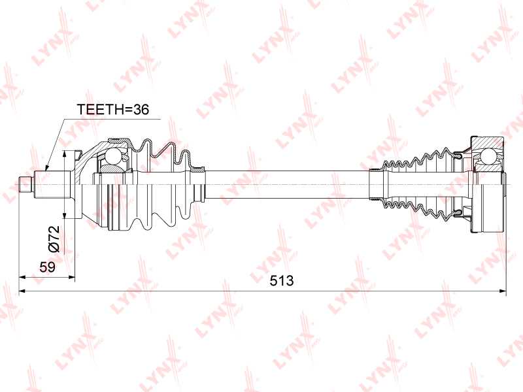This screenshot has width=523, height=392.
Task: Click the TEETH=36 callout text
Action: pyautogui.click(x=113, y=109)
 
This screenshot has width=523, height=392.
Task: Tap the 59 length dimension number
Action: pyautogui.click(x=47, y=267)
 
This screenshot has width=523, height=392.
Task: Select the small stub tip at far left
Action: pyautogui.click(x=25, y=184)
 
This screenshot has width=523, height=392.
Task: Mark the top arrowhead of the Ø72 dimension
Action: pyautogui.click(x=65, y=154)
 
